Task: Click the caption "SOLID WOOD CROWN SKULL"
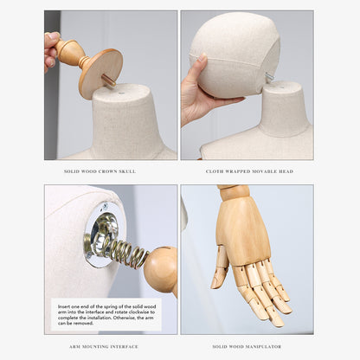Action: [x=100, y=171]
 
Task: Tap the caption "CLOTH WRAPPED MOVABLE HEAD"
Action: [x=249, y=171]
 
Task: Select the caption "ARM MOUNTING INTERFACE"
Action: [x=104, y=346]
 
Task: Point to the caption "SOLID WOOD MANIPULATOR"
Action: [x=247, y=346]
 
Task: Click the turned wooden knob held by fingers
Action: [x=69, y=54]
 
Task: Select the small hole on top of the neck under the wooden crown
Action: [x=122, y=93]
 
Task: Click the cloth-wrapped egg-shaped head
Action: [x=235, y=55]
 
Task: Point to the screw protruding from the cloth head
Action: [x=269, y=77]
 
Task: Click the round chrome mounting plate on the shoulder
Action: [x=101, y=235]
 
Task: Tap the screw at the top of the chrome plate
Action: [x=105, y=207]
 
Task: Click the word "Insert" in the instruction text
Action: [x=63, y=306]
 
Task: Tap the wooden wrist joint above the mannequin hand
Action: [x=233, y=191]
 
